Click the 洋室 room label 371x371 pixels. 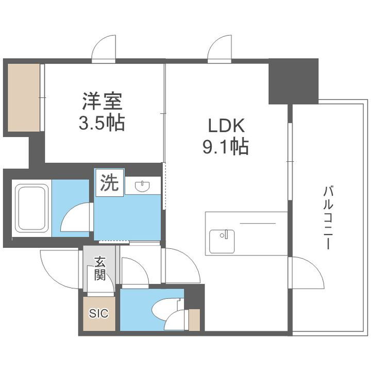[103, 101]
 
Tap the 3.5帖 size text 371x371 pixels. [103, 124]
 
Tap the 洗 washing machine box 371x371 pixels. [109, 183]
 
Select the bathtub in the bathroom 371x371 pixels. [31, 208]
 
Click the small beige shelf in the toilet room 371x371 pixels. [194, 319]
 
